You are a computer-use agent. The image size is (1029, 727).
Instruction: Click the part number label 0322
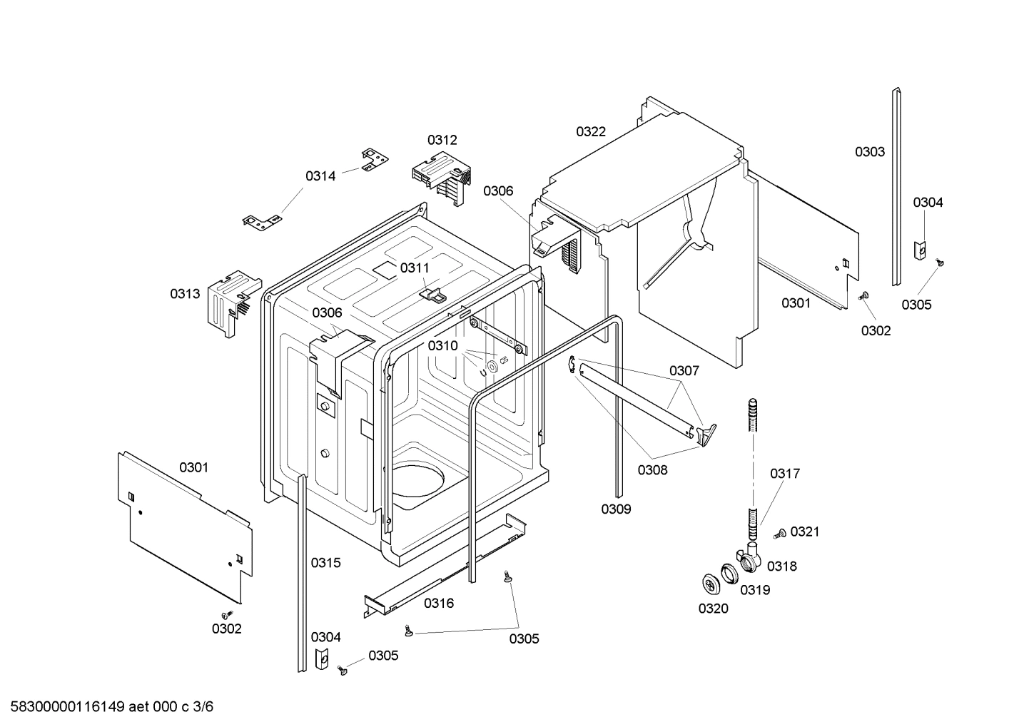[591, 131]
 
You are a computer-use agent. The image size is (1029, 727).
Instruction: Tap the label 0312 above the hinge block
[442, 140]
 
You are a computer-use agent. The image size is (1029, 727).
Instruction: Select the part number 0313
[185, 293]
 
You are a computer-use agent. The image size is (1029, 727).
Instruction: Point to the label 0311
[415, 268]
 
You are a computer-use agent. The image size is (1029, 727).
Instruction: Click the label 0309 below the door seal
[615, 509]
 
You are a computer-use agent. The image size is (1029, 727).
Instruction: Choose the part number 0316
[439, 603]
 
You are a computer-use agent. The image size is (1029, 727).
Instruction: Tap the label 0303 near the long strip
[870, 151]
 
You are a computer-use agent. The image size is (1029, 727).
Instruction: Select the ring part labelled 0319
[729, 573]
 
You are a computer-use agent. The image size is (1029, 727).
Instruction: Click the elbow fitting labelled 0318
[749, 557]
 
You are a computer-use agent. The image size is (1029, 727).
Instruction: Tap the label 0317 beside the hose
[785, 473]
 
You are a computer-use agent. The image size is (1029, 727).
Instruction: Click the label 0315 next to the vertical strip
[325, 562]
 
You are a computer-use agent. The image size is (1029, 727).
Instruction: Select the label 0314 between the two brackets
[320, 176]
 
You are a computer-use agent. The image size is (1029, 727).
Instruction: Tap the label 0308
[652, 469]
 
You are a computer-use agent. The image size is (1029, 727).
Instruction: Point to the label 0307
[684, 370]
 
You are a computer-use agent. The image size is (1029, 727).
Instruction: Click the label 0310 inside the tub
[442, 345]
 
